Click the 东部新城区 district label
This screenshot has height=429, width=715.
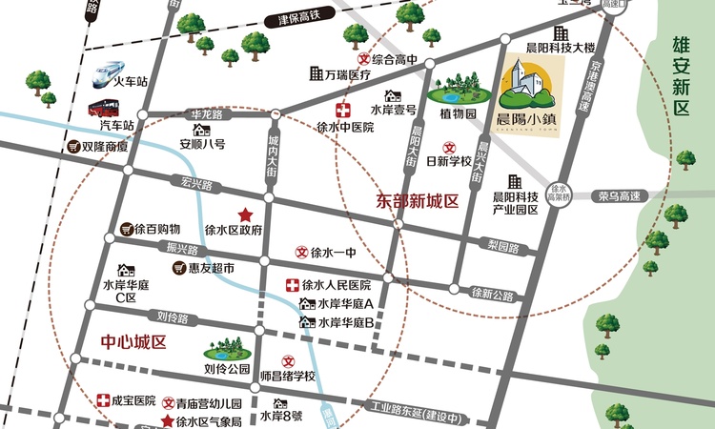[x=418, y=202]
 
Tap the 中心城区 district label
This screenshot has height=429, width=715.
[x=133, y=341]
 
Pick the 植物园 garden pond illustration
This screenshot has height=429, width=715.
[x=454, y=92]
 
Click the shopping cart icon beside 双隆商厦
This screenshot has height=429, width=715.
[x=72, y=148]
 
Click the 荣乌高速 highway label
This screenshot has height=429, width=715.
[x=618, y=197]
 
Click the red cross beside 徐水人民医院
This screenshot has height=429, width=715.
[x=292, y=285]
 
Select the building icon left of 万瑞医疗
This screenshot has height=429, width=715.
[x=316, y=73]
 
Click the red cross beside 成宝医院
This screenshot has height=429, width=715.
[x=102, y=400]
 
